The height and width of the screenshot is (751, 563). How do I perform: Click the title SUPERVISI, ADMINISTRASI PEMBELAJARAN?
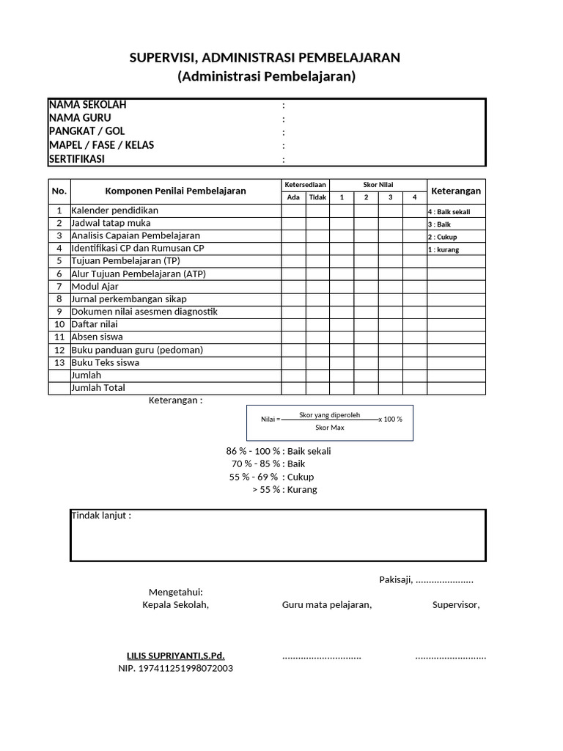[265, 58]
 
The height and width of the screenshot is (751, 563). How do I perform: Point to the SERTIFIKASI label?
[77, 158]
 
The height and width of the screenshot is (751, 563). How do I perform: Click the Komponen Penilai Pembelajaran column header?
[176, 191]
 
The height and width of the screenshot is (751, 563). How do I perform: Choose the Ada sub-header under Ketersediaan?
[293, 197]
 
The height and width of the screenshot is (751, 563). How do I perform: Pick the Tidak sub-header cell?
[317, 197]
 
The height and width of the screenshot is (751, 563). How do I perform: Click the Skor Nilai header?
[378, 185]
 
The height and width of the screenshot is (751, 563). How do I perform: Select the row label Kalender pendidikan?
[114, 210]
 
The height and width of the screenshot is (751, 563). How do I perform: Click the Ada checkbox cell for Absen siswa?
[293, 337]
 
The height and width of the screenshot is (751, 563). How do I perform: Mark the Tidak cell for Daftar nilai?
[317, 324]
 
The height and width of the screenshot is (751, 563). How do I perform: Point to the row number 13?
[59, 362]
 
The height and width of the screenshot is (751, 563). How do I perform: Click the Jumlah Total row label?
[98, 388]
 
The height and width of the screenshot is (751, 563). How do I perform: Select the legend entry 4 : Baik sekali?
[449, 211]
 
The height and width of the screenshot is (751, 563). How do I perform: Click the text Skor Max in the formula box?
[329, 428]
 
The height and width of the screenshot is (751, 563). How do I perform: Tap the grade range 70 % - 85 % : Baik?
[268, 464]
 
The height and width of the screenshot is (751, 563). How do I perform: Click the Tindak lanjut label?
[101, 515]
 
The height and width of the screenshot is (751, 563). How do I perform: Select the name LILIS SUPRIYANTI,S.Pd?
[176, 655]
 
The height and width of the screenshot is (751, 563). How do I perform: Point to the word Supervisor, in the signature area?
[456, 604]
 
